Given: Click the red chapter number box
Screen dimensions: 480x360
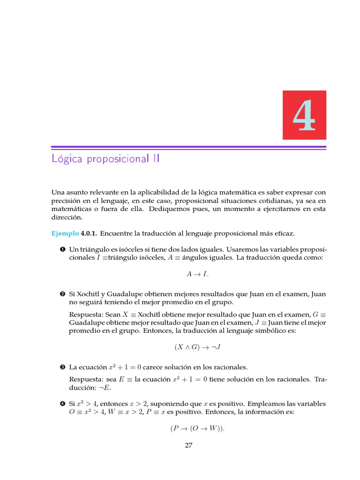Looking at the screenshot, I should pos(304,115).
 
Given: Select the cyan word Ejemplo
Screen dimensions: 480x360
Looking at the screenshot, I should pos(65,233).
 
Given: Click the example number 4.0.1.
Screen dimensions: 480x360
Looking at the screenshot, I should pos(89,233).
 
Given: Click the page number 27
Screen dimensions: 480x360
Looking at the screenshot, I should pos(188,446).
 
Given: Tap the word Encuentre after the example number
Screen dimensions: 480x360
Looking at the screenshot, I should pos(116,233).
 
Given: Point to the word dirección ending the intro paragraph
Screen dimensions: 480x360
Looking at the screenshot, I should pos(67,218).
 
